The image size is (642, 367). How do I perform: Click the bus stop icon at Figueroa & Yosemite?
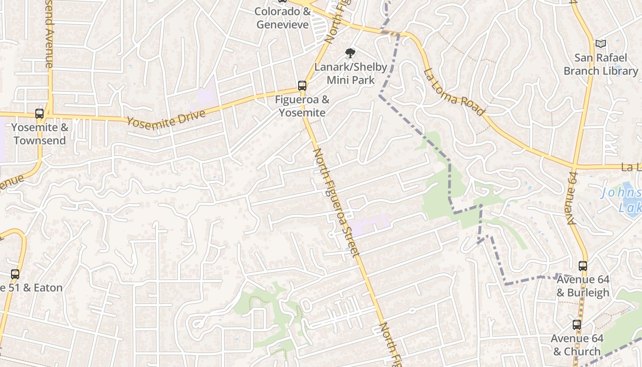click(302, 85)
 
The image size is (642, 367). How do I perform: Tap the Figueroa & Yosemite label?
click(302, 106)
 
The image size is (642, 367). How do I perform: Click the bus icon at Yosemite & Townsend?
click(39, 114)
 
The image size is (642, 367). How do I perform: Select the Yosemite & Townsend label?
click(40, 134)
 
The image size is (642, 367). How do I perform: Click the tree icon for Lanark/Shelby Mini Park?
click(350, 53)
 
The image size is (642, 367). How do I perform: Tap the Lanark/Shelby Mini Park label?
click(351, 73)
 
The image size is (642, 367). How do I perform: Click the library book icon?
click(601, 44)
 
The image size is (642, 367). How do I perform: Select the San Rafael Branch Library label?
click(601, 64)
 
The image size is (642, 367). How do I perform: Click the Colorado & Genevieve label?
click(282, 18)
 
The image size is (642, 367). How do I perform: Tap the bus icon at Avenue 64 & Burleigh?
click(582, 266)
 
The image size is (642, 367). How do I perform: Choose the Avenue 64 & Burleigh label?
click(583, 286)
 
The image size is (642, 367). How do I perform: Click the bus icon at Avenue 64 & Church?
click(577, 325)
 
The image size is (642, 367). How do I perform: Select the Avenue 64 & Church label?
click(577, 345)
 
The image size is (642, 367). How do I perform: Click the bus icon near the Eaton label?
click(15, 274)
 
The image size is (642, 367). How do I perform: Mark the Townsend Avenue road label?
click(48, 34)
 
